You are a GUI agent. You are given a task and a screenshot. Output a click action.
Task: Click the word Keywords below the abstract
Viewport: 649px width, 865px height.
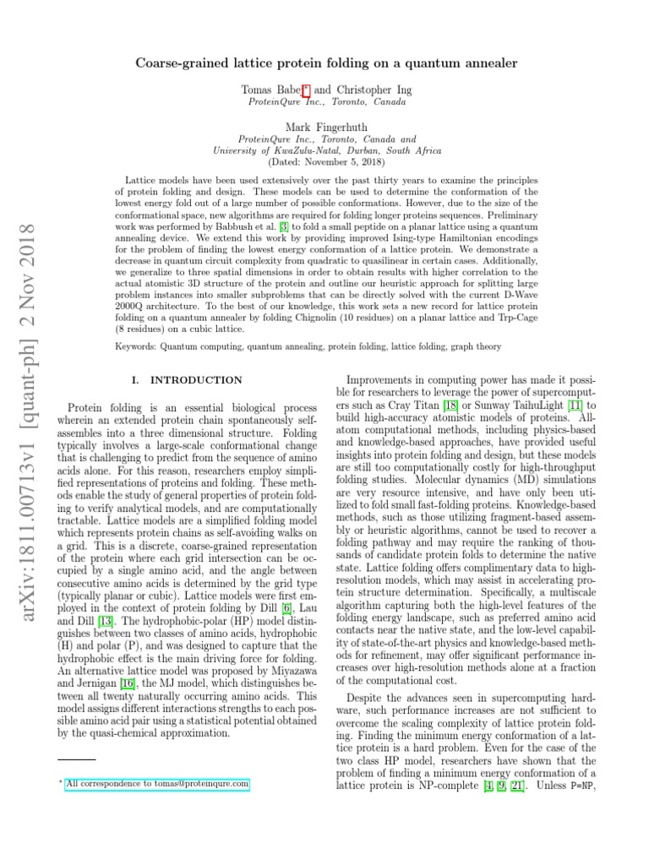[136, 347]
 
